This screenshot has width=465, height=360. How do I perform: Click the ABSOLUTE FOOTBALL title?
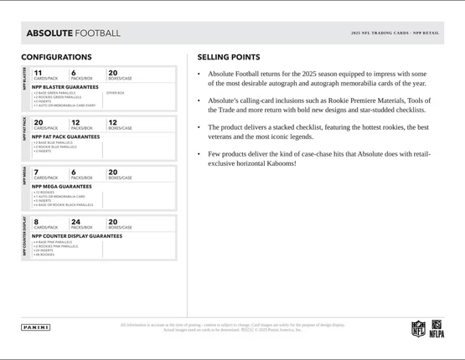point(73,33)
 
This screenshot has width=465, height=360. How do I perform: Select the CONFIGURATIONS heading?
point(56,57)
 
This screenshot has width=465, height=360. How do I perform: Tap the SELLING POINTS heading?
point(228,57)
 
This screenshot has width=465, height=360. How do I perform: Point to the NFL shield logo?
point(418,329)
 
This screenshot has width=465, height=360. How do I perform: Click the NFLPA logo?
point(437,329)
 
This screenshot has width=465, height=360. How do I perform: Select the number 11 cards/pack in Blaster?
point(38,73)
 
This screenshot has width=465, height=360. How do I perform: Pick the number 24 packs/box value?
point(76,222)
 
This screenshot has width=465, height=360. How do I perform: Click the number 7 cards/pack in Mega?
point(36,172)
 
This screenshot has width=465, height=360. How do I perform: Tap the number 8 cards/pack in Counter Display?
point(36,222)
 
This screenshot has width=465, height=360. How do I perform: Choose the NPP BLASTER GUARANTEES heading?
point(65,86)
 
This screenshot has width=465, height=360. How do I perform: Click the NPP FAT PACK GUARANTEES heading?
point(65,136)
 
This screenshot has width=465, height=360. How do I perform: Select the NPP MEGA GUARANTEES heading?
point(62,186)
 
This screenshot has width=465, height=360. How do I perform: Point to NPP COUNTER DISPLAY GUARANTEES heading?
point(77,236)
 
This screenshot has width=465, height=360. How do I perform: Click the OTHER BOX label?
point(115,93)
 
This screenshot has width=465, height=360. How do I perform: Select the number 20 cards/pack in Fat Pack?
point(39,122)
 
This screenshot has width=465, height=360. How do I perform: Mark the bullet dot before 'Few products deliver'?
point(199,154)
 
